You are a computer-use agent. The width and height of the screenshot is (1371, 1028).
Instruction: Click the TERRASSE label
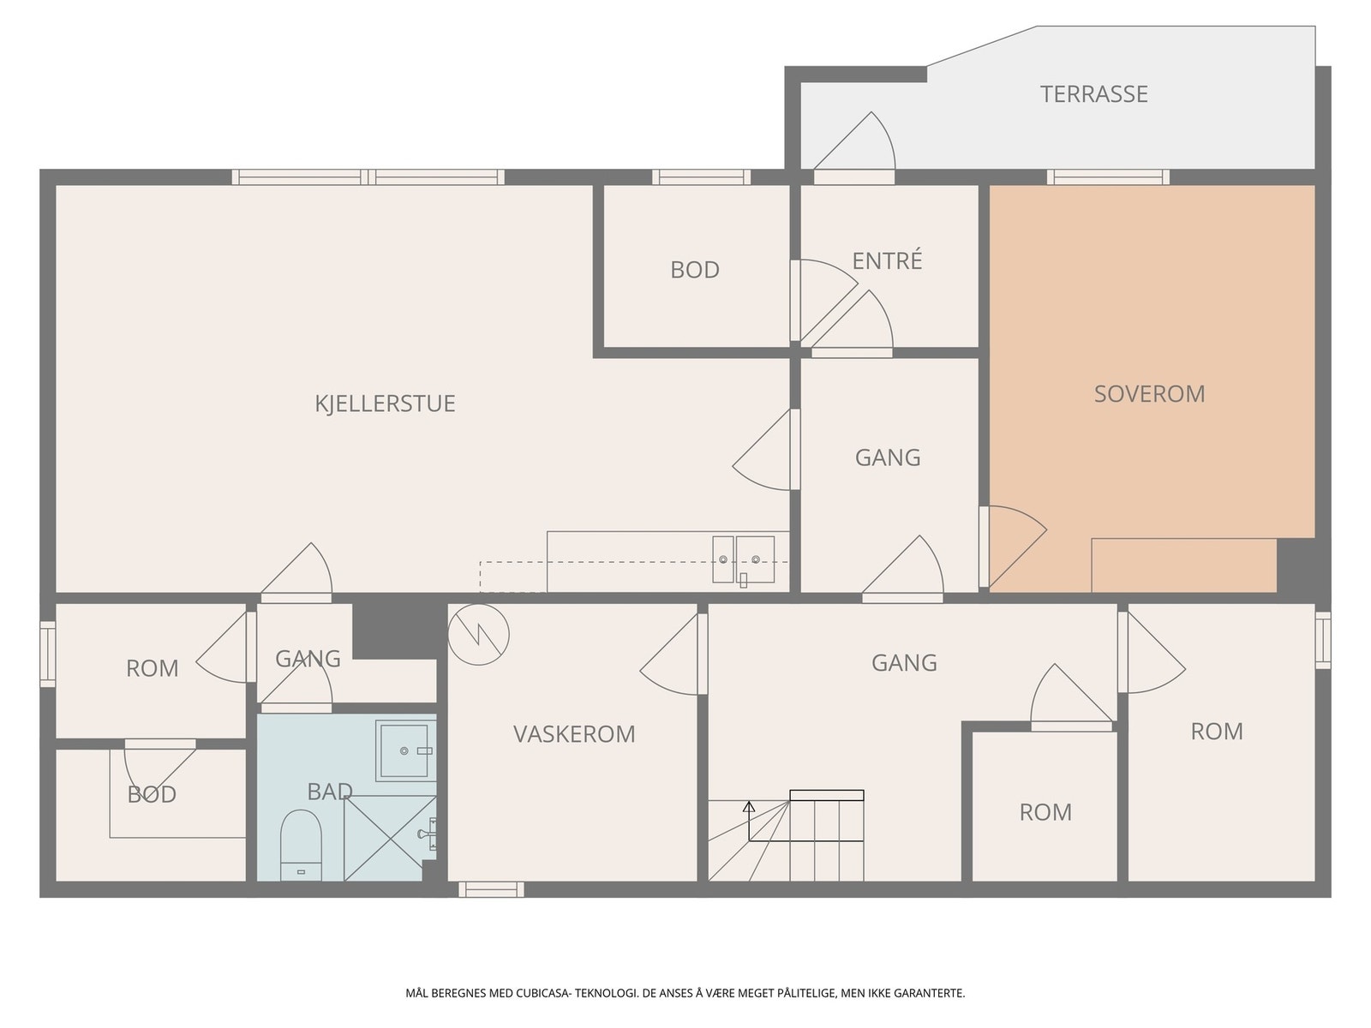[x=1093, y=94]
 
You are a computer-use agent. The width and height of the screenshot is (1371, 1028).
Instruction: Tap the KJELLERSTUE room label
[x=385, y=403]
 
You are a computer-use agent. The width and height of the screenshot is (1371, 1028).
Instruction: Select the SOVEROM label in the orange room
[x=1149, y=394]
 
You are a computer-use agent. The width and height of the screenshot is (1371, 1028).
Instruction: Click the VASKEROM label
[x=574, y=734]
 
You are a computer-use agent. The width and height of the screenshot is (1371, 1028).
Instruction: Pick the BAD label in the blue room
[x=330, y=792]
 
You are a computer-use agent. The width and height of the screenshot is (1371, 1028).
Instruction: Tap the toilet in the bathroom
[x=301, y=846]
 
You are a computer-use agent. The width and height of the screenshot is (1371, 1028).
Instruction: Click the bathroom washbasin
[x=404, y=751]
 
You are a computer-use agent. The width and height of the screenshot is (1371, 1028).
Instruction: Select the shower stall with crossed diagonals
[x=390, y=839]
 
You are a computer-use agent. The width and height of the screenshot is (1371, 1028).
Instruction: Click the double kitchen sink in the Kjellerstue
[x=743, y=559]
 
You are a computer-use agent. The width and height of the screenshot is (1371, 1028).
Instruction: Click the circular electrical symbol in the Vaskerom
[x=478, y=634]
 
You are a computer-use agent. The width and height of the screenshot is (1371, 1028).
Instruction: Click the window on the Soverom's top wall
[x=1108, y=177]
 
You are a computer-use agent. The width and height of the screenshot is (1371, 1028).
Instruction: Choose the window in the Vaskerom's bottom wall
[x=492, y=889]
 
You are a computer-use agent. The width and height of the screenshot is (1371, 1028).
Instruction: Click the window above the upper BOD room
[x=702, y=177]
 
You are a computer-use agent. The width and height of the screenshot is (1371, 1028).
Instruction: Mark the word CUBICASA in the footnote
[x=543, y=993]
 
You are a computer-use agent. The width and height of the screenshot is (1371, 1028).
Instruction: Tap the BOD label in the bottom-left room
[x=152, y=795]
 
